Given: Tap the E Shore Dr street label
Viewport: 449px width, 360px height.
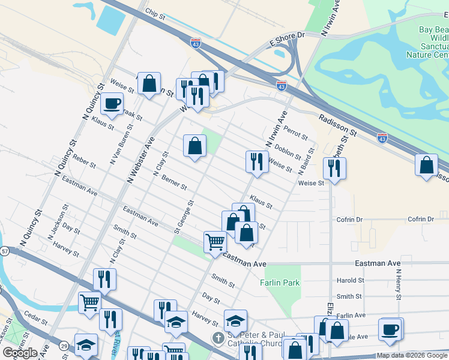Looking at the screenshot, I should click(x=288, y=36).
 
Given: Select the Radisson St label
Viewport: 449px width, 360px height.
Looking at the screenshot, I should click(x=338, y=124).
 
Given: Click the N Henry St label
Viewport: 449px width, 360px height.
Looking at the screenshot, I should click(x=398, y=281).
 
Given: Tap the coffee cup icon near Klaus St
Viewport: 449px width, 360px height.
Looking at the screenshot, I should click(x=112, y=103).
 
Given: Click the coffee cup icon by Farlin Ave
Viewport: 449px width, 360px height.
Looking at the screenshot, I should click(x=390, y=328).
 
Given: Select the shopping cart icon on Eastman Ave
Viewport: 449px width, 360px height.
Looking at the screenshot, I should click(x=215, y=242).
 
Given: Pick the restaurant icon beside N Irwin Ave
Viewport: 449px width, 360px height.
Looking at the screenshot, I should click(x=256, y=161).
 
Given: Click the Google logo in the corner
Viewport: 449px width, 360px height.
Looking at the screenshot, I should click(x=20, y=353).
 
